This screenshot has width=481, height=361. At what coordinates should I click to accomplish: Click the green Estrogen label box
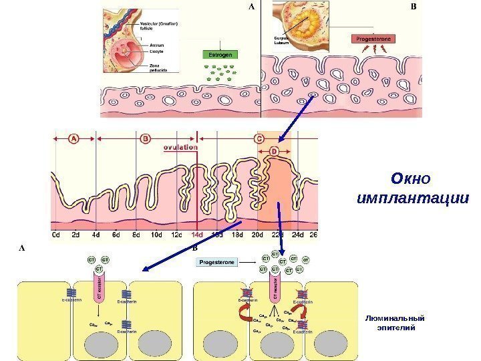[220, 54]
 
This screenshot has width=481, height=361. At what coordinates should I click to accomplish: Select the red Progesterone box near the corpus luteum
[373, 39]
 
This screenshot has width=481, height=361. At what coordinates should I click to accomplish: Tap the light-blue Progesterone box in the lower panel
[216, 263]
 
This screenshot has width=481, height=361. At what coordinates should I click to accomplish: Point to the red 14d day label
[198, 235]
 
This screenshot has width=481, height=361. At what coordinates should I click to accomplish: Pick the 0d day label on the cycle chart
[57, 235]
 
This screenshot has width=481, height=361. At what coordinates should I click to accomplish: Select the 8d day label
[136, 235]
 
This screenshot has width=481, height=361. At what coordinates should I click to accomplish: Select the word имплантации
[412, 199]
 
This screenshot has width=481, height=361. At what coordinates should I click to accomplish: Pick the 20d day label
[258, 235]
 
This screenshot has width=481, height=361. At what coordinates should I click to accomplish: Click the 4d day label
[96, 235]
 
